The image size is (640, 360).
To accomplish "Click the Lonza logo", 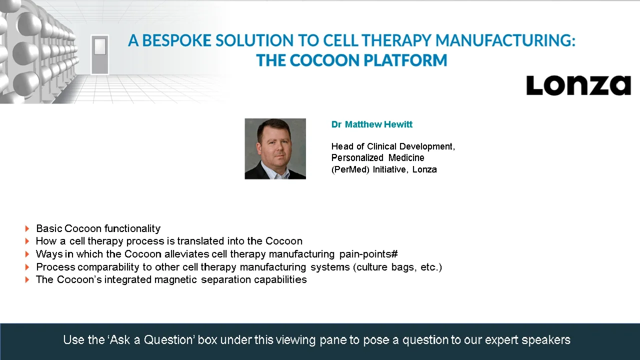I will coord(578,85).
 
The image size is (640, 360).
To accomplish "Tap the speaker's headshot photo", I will coord(275,148).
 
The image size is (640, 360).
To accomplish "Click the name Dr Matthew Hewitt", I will coord(371,124).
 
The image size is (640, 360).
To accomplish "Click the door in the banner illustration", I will coord(99,54).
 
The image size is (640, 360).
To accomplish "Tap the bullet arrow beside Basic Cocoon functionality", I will coord(27,229).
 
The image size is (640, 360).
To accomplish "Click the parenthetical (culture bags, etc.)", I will coord(397,267).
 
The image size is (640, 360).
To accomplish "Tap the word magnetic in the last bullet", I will coord(176,279).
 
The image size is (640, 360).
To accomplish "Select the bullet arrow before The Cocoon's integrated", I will coord(27,280).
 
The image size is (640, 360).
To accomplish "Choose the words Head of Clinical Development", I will coord(392,146).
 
